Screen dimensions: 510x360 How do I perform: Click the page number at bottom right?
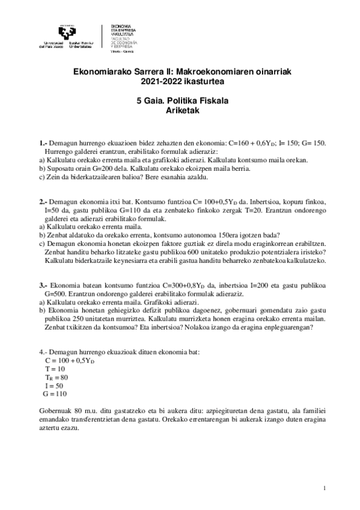tap(324, 488)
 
